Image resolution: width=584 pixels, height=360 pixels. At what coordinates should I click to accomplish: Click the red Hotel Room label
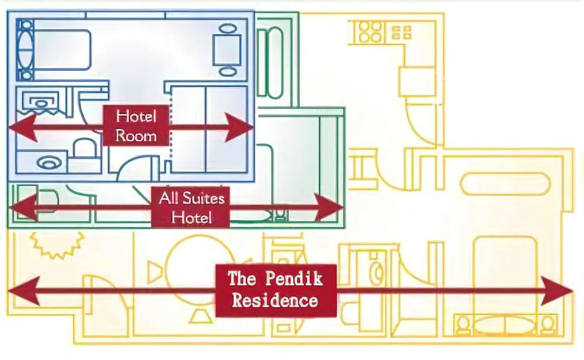(136, 126)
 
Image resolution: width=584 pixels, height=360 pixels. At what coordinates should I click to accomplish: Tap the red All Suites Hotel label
(190, 207)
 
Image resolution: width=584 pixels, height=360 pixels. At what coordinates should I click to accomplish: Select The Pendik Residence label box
(276, 290)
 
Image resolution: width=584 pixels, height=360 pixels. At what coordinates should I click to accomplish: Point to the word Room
(136, 135)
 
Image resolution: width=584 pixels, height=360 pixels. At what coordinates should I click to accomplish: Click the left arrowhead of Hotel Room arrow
(22, 127)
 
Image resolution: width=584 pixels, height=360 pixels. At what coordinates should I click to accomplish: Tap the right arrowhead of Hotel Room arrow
(239, 127)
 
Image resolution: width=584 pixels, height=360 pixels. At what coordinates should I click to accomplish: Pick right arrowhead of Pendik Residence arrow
(557, 290)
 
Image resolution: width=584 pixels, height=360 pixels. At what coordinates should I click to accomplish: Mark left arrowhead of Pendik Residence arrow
(23, 290)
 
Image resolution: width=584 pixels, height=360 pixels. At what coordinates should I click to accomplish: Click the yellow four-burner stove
(370, 32)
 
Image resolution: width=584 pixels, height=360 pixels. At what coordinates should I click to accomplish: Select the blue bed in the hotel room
(54, 50)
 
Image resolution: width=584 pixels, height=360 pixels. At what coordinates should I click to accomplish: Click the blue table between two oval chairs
(227, 50)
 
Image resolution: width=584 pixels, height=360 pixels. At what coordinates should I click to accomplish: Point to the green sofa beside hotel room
(270, 62)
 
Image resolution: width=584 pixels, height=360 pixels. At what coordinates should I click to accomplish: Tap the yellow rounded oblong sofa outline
(505, 184)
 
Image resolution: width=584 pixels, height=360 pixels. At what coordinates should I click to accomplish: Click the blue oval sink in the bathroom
(49, 163)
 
